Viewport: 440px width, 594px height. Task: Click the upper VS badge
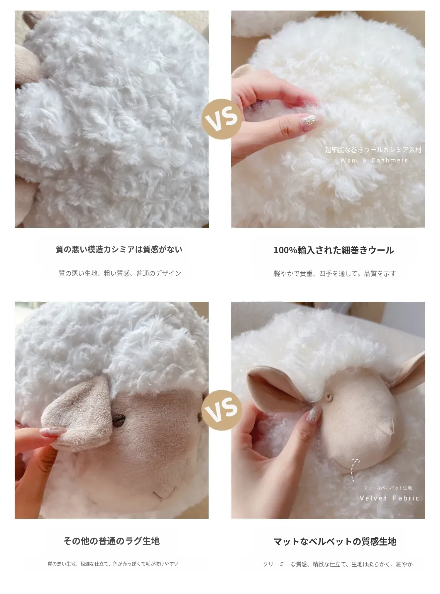point(221,119)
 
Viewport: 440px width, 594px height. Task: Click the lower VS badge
point(221,410)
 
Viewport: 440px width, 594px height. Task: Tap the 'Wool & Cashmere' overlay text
point(374,161)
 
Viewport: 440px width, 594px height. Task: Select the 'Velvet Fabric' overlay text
point(389,498)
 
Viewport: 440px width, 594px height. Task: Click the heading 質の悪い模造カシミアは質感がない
point(119,249)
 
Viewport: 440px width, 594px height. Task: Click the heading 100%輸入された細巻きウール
point(334,250)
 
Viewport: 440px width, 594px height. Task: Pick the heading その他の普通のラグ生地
point(111,541)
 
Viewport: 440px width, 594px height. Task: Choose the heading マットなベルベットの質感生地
point(335,541)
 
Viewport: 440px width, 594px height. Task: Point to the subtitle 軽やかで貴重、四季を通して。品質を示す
point(335,274)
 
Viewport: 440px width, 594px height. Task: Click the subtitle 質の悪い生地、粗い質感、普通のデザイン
point(120,274)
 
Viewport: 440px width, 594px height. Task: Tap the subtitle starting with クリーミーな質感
point(338,564)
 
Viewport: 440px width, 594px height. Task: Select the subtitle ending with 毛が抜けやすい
point(113,564)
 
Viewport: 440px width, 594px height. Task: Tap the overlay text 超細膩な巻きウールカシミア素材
point(373,150)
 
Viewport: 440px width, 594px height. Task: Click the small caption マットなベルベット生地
point(388,488)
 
